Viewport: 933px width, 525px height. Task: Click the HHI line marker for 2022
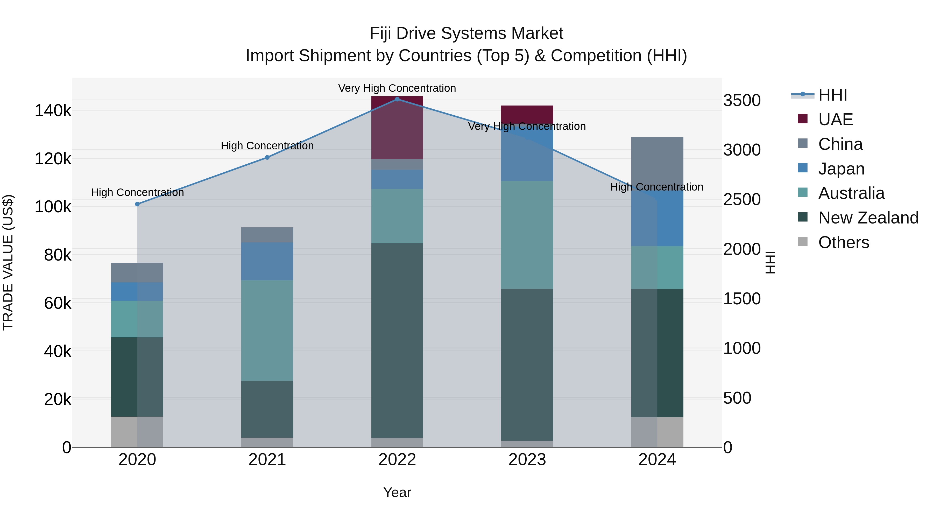pos(397,99)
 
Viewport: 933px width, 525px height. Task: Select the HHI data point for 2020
pos(137,204)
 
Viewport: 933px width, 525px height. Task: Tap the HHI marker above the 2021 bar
pos(267,158)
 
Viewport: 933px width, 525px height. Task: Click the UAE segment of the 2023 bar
pos(527,114)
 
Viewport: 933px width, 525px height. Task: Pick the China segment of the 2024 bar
pos(657,159)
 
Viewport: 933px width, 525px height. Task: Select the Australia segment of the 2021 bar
pos(267,331)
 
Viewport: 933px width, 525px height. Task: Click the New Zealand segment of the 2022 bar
pos(397,341)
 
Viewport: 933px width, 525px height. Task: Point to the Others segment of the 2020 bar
pos(137,432)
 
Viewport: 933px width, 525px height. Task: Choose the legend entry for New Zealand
pos(868,218)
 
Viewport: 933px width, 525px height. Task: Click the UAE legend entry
pos(835,120)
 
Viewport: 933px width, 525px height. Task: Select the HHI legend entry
pos(832,95)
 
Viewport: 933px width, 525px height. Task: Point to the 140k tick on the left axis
pos(53,110)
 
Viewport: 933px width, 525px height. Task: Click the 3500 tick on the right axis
pos(742,100)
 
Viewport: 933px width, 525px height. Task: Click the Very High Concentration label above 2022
pos(397,88)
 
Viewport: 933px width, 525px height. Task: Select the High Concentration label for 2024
pos(657,187)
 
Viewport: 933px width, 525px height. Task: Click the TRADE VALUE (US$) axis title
pos(8,262)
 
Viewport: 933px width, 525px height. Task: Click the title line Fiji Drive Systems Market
pos(466,33)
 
